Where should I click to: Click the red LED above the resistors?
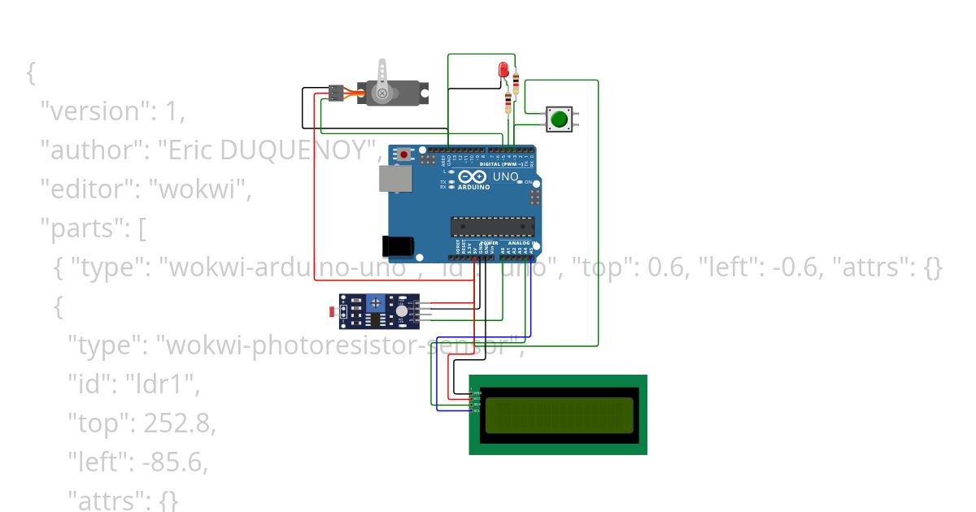pos(503,68)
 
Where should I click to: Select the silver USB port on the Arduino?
pos(394,179)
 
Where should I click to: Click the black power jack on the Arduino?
pos(397,245)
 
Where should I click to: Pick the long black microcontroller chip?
pos(493,227)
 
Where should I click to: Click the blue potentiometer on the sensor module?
pos(375,303)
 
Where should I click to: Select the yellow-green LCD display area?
pos(557,414)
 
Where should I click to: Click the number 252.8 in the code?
pos(180,423)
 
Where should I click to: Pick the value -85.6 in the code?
pos(175,462)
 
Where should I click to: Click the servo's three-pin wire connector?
pos(334,93)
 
